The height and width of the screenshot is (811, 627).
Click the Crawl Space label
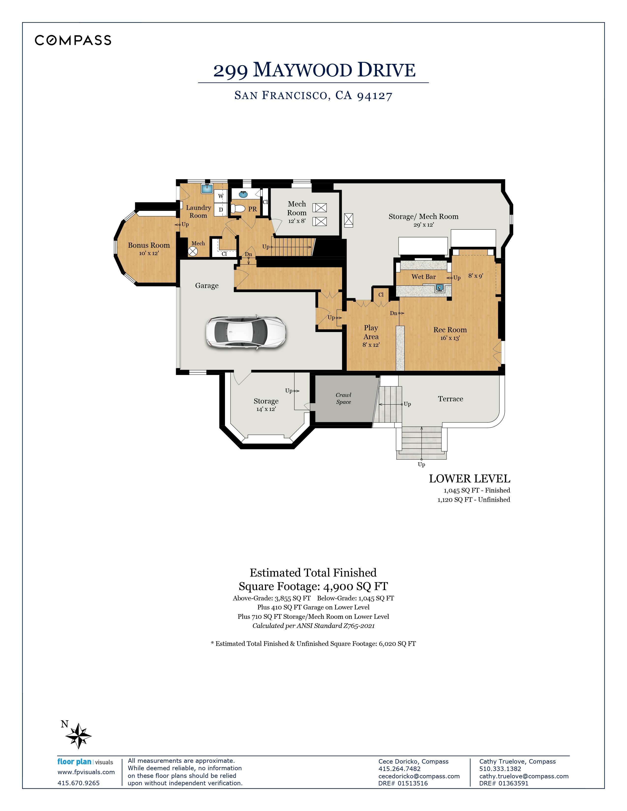[x=343, y=398]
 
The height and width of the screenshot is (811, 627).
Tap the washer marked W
[x=221, y=196]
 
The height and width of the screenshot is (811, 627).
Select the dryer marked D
[x=221, y=210]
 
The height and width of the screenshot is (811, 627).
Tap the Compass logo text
[x=73, y=40]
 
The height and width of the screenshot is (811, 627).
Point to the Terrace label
[x=450, y=399]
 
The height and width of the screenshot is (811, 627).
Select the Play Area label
[x=371, y=332]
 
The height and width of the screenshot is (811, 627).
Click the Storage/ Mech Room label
[x=423, y=217]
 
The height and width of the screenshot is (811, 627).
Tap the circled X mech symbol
[x=193, y=251]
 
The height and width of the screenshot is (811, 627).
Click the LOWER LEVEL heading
[x=469, y=479]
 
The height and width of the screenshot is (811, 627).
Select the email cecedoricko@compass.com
[x=419, y=776]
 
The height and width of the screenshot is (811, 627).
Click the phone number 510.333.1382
[x=500, y=769]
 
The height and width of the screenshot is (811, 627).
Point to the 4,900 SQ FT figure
[x=356, y=586]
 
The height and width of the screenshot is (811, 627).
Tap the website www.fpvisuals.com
[x=86, y=772]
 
